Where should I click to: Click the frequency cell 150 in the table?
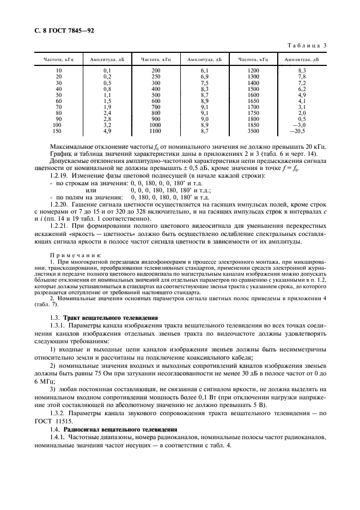coord(58,131)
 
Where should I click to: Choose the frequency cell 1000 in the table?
coord(156,125)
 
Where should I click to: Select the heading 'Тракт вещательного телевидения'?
coord(104,317)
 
